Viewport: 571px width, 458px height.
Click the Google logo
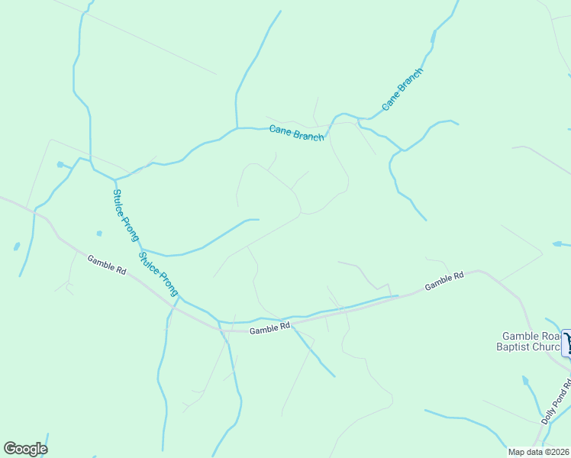pos(25,449)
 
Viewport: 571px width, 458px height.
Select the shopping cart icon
pos(566,342)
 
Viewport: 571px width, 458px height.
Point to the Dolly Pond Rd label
pos(556,402)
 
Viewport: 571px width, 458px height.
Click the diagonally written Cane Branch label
pos(402,89)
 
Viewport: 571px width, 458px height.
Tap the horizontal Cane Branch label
pos(296,133)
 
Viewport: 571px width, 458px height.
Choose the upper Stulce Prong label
pos(125,215)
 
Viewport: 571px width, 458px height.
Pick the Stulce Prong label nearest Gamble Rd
pos(158,273)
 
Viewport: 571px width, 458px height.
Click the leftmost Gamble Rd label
pos(106,264)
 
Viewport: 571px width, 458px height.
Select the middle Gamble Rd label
pos(269,328)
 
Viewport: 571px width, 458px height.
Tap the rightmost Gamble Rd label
pos(444,281)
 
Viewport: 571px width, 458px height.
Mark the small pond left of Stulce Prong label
pos(98,233)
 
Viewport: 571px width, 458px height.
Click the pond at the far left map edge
pos(16,247)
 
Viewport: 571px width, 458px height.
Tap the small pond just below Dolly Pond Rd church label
pos(524,380)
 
